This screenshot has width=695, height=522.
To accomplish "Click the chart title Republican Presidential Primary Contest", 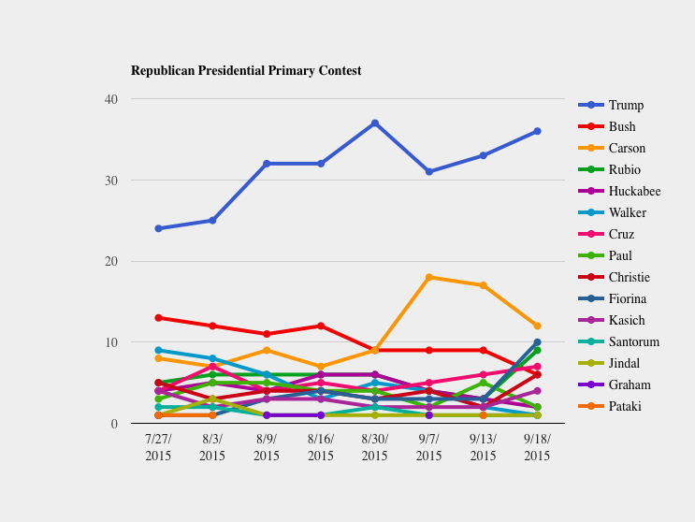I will click(x=246, y=71).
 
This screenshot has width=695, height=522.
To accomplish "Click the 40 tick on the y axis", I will click(x=111, y=99).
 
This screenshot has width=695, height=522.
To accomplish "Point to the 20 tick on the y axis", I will click(x=111, y=261).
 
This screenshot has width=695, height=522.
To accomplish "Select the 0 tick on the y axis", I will click(x=114, y=424).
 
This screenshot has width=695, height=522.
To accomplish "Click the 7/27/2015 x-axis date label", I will click(x=158, y=447).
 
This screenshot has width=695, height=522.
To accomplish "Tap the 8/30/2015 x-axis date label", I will click(x=375, y=447).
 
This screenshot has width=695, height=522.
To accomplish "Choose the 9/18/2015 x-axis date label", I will click(x=537, y=447).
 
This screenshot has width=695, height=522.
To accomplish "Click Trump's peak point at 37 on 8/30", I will click(x=375, y=123).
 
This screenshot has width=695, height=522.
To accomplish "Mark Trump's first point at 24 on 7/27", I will click(x=158, y=228).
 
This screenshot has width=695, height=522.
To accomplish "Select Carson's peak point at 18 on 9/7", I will click(x=429, y=277).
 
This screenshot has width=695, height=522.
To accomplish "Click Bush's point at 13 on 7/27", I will click(x=158, y=318).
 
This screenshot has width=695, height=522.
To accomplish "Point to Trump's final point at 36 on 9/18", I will click(x=537, y=131).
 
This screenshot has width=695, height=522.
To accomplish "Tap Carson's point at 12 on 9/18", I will click(x=537, y=326).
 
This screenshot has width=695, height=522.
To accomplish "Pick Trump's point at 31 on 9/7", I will click(x=429, y=172).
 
